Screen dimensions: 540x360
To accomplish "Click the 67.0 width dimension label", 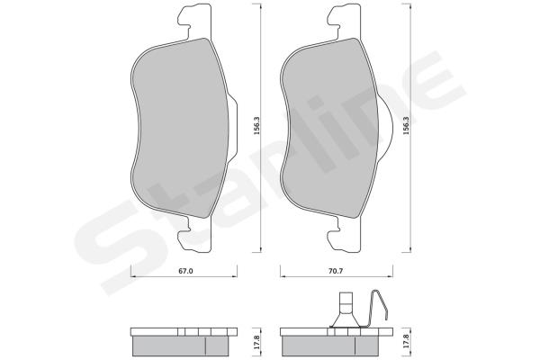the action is coord(185,271).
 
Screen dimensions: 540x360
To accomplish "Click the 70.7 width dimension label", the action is coord(336,271).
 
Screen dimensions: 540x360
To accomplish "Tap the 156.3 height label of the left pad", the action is coord(256,125).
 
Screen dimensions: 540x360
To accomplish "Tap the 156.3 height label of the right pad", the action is coord(407,125).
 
